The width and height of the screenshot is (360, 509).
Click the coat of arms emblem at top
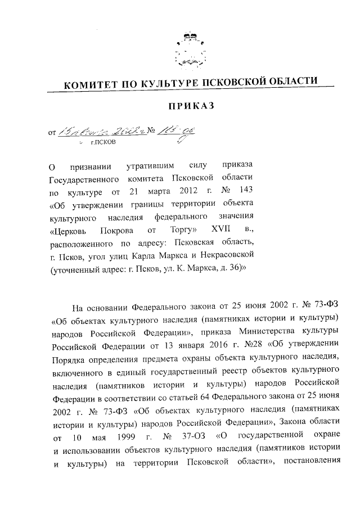pyautogui.click(x=187, y=49)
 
